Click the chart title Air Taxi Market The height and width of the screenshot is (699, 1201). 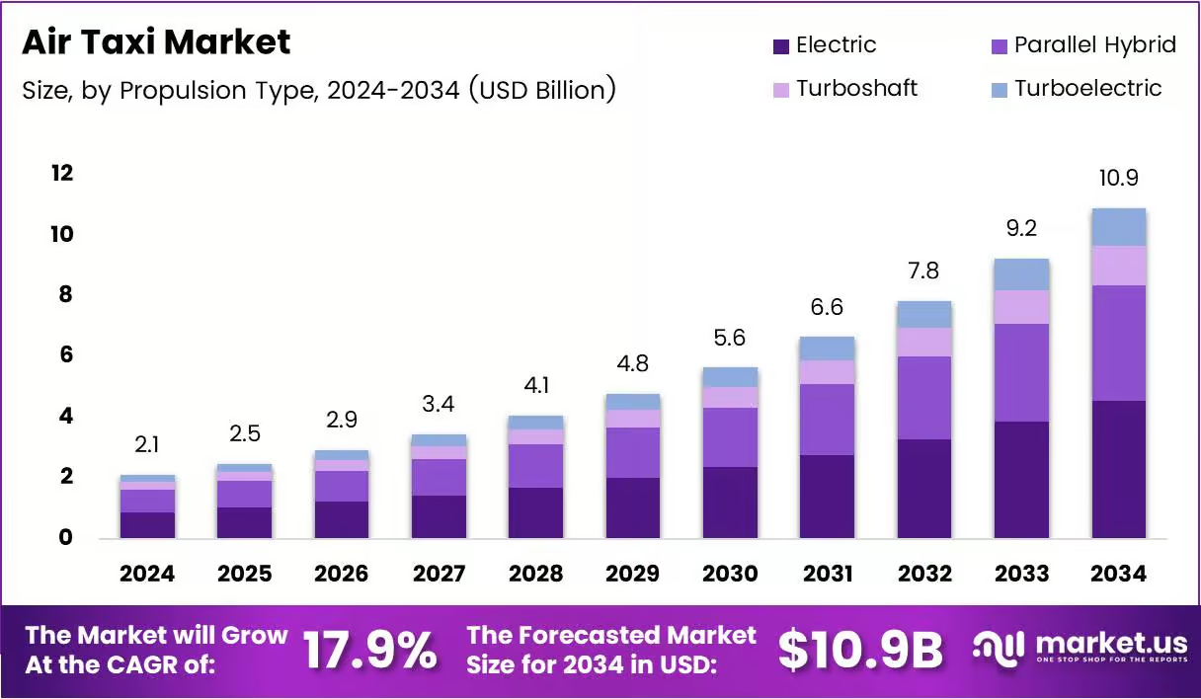click(156, 41)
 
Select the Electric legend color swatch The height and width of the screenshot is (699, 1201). click(780, 46)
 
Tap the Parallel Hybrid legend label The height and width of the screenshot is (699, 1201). click(1095, 44)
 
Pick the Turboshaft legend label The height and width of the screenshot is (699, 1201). click(856, 88)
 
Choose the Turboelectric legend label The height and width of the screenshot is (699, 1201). click(1087, 88)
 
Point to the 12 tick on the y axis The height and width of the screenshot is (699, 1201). click(62, 173)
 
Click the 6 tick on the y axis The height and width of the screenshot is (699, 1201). click(66, 354)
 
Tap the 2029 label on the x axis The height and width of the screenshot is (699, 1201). click(632, 574)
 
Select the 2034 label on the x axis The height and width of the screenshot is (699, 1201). click(1118, 574)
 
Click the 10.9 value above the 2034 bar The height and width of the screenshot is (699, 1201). click(1118, 178)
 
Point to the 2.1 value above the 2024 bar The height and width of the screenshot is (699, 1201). click(147, 444)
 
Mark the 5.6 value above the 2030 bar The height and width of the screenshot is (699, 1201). click(729, 338)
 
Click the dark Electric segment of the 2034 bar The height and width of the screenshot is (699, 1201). click(1118, 469)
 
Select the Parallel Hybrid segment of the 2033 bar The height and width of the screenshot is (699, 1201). click(1021, 372)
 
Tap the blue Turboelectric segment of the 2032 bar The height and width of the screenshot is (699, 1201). click(924, 315)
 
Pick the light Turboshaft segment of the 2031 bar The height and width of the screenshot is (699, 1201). click(827, 372)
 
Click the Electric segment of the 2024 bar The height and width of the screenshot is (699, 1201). click(147, 525)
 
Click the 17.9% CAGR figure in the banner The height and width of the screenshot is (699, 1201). click(369, 651)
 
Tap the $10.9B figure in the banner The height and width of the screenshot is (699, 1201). click(860, 651)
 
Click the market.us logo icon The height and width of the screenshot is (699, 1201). click(999, 649)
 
